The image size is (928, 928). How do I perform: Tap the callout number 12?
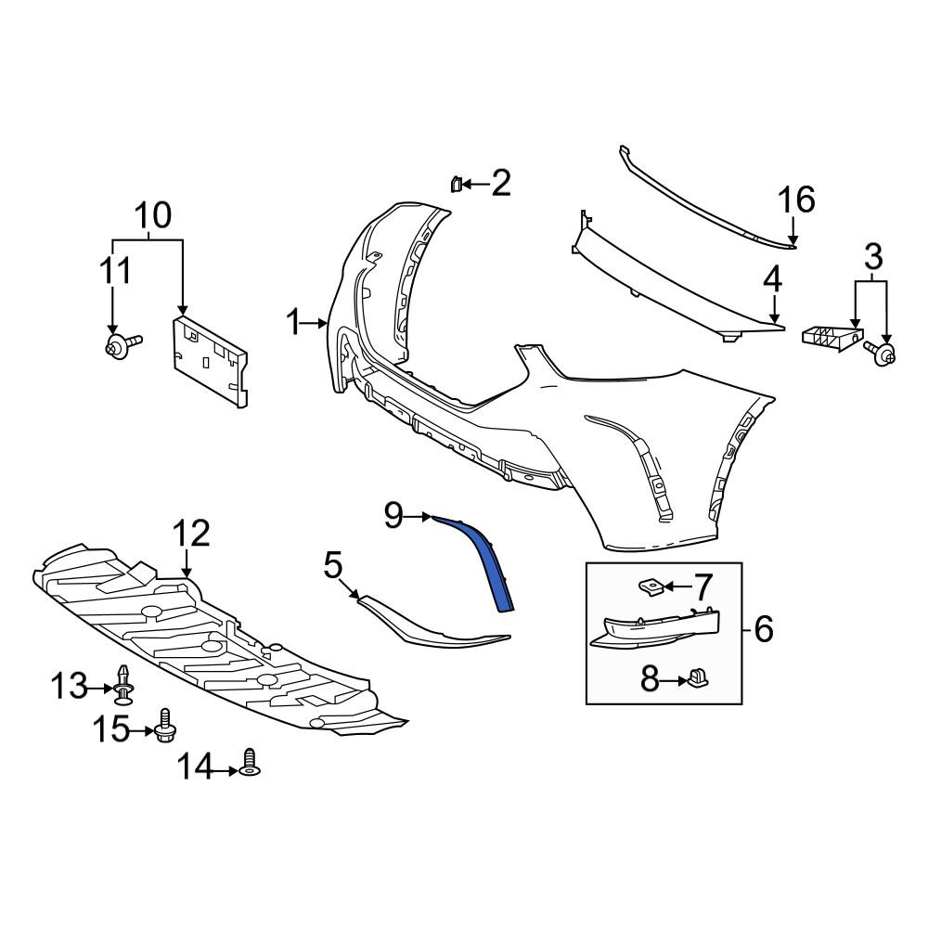tap(192, 534)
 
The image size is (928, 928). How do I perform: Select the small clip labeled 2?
tap(455, 184)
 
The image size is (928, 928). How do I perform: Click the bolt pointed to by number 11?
tap(122, 344)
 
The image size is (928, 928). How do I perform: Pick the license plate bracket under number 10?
tap(210, 361)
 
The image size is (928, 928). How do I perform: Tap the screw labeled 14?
tap(251, 762)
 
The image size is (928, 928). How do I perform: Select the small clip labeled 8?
tap(698, 677)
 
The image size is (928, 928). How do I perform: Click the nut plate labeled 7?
tap(651, 587)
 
